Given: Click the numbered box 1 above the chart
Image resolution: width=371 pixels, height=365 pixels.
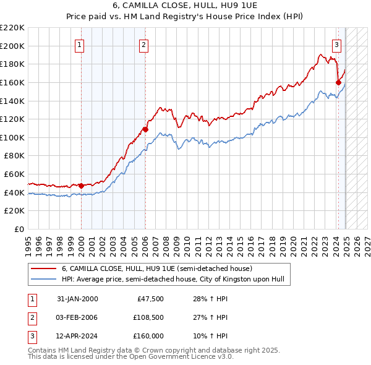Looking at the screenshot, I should (81, 45).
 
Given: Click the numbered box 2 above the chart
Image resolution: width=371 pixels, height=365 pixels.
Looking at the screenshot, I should (143, 45).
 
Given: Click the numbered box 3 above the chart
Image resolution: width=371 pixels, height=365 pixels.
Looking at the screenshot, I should (336, 45).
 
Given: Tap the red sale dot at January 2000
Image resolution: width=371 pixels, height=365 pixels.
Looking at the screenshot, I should (82, 186).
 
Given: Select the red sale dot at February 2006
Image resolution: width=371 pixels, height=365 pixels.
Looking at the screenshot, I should (145, 129).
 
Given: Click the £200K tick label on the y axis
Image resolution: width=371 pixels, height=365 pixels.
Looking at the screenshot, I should (12, 46).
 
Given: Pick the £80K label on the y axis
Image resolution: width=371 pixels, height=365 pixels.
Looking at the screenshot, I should (14, 156).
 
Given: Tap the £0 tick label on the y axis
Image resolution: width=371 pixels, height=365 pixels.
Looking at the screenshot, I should (19, 230).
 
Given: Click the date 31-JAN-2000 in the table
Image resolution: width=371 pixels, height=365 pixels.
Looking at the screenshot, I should (77, 299).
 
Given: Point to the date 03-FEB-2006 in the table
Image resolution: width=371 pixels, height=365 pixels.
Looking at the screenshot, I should (77, 317).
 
